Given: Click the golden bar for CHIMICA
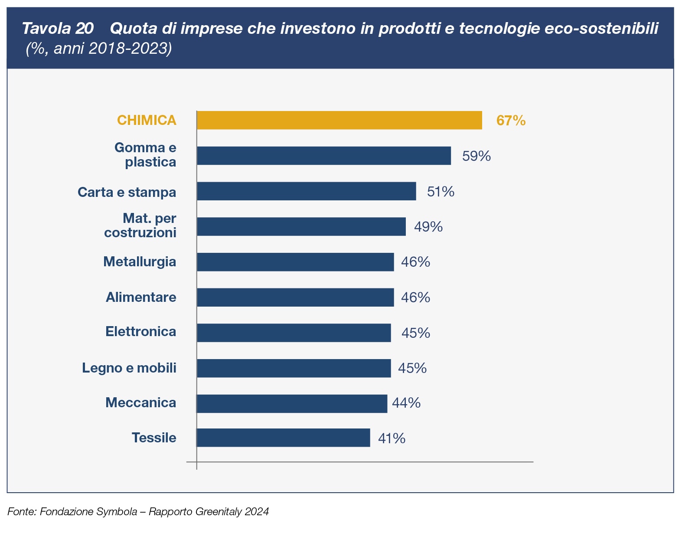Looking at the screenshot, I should point(339,120).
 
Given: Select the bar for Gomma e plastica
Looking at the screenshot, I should point(323,156).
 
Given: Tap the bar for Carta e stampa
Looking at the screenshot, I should point(306,191).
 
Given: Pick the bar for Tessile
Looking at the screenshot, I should point(283,438).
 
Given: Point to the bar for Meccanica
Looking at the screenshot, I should point(291,403).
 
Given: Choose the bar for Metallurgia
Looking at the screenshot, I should point(295,262).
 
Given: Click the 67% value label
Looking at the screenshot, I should point(511,121).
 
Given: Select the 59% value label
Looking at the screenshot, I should point(476,156).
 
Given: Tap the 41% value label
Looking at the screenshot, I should point(392,438).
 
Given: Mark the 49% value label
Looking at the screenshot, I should point(428,227).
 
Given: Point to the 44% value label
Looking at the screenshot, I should point(406,403).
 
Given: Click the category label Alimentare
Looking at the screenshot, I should point(141,298).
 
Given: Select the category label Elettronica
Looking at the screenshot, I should point(140,332).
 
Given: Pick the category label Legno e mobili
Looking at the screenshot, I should point(129,368).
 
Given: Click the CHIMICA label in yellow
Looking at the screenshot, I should point(147,120).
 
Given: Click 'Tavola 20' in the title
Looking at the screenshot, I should point(58,29).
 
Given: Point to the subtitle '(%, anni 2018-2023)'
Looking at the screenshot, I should point(99,48).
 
